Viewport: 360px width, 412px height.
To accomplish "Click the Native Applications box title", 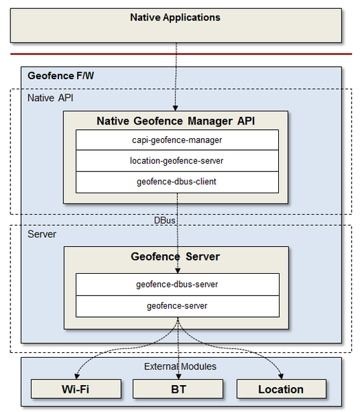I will point(175,17).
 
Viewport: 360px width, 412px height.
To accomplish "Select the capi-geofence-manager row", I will point(177,140).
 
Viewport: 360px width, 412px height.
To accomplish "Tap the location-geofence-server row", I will point(177,161).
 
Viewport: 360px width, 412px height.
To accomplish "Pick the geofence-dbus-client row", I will point(177,182).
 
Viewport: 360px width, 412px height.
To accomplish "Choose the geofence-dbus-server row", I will point(177,284).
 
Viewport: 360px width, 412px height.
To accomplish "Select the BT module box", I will point(177,389).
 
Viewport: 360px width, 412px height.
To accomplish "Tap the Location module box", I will point(280,389).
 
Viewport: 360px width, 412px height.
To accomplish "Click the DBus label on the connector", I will point(165,220).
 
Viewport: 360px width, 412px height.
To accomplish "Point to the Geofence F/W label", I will point(60,76).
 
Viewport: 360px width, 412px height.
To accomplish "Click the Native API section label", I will point(50,98).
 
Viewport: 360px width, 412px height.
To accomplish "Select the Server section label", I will point(42,235).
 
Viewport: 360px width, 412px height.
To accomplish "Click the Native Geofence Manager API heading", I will point(177,121).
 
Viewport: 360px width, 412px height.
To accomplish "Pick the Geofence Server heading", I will point(175,257).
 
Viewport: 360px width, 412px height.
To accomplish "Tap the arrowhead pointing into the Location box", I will point(281,376).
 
